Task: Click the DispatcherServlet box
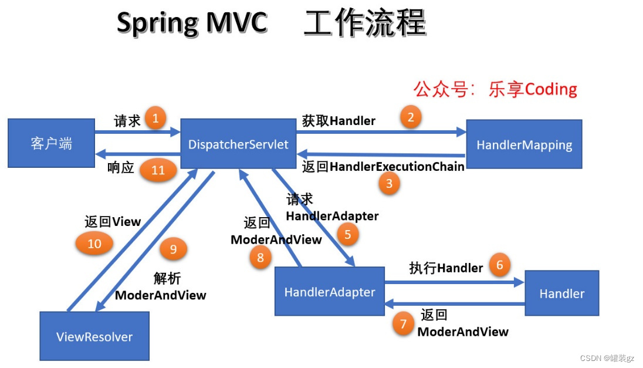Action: (x=238, y=144)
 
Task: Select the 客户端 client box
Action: (x=51, y=143)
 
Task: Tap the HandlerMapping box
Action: (x=524, y=144)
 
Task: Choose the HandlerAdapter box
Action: (x=329, y=292)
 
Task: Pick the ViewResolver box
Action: (x=94, y=336)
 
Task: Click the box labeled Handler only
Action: (x=561, y=293)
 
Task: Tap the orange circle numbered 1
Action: (x=155, y=119)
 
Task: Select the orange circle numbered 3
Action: (x=389, y=184)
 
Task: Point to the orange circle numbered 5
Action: (x=348, y=235)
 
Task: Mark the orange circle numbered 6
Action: (x=500, y=265)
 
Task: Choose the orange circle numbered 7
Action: (x=403, y=324)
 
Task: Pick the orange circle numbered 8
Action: (x=260, y=257)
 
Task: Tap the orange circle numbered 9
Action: (x=173, y=249)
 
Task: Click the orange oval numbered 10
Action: (x=94, y=243)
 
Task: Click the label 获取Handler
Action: (x=339, y=121)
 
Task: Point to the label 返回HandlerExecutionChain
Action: (x=383, y=167)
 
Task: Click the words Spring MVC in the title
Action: (x=192, y=24)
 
